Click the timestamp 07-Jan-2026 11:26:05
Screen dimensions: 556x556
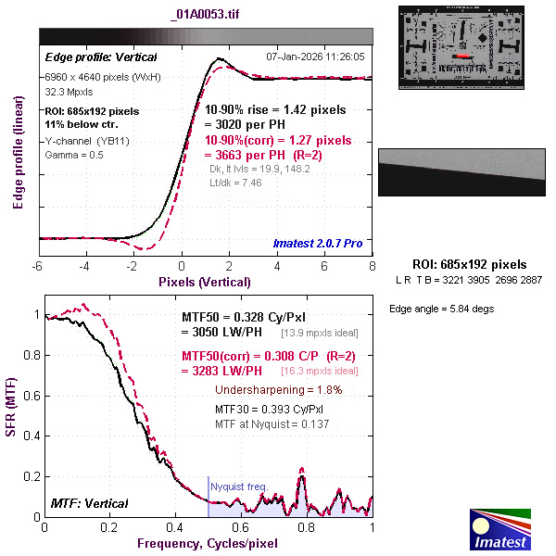coord(316,57)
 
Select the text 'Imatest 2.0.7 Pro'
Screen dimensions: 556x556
coord(318,244)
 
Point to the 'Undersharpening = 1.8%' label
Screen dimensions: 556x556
coord(279,390)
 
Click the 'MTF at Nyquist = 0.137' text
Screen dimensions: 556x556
coord(272,423)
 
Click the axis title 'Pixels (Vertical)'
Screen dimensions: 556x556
coord(204,282)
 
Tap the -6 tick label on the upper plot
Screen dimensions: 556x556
coord(38,266)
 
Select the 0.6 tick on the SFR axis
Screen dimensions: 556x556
coord(30,396)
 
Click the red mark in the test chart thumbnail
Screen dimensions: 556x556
coord(461,56)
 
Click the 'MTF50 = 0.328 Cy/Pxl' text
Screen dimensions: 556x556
coord(245,317)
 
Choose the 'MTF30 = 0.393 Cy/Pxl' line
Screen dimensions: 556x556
coord(269,408)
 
